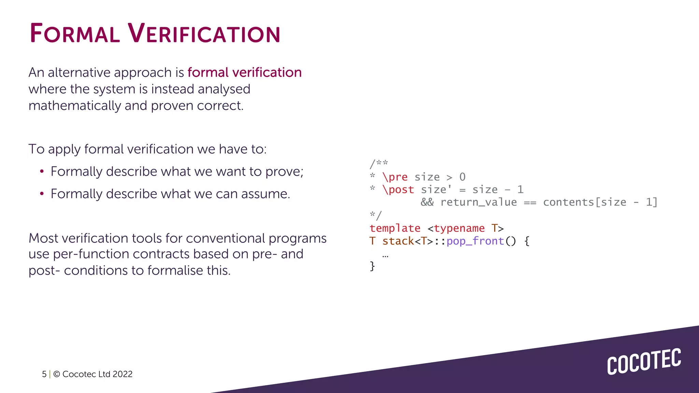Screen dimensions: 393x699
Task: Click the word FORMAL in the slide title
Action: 75,33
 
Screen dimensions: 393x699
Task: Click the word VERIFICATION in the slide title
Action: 204,33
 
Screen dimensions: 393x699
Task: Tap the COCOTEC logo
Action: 644,362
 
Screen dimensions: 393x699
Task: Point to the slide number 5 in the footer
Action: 44,374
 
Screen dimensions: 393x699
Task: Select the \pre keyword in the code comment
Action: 395,177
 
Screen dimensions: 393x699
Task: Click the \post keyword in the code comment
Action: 398,190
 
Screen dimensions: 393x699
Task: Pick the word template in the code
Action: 395,228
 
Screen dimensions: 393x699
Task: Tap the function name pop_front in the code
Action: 475,241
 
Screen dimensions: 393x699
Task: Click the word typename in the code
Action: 459,228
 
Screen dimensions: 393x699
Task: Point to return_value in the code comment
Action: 479,202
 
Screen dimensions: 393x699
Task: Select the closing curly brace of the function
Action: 372,266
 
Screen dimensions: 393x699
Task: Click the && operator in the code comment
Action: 427,202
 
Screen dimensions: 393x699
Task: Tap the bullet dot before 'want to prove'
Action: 42,172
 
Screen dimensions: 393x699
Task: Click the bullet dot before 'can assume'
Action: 42,194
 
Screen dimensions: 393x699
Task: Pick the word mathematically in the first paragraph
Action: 75,106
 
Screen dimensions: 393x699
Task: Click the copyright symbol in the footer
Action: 57,374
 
